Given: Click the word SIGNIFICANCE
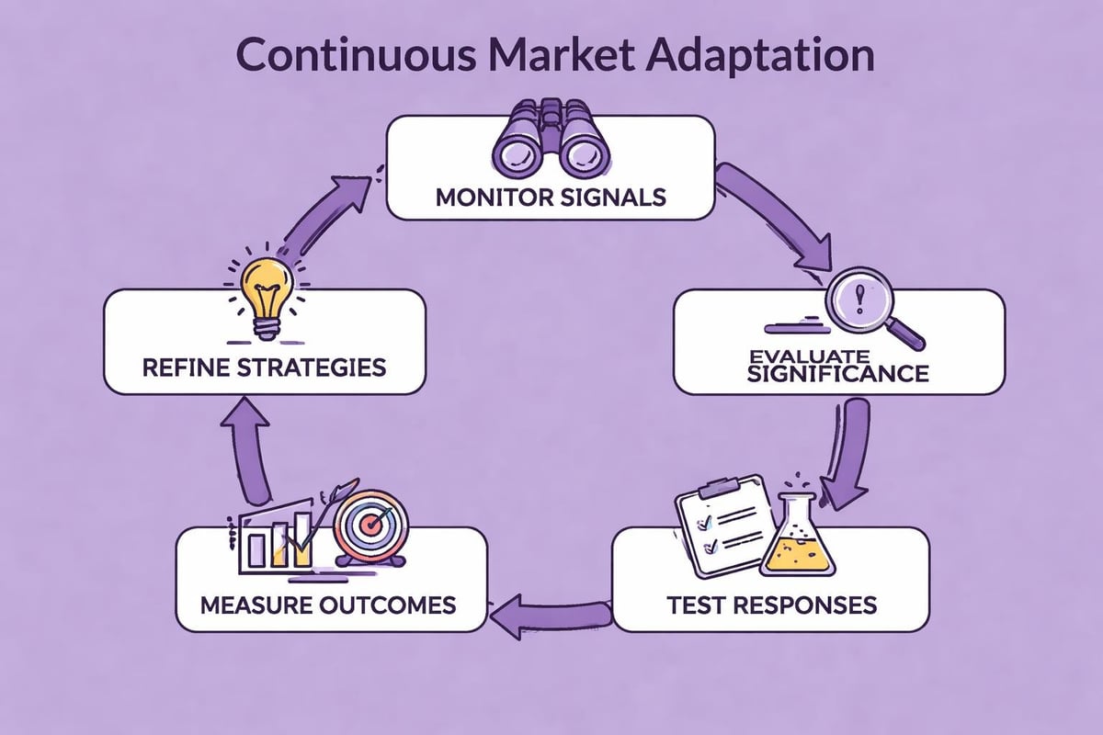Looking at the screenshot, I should [837, 373].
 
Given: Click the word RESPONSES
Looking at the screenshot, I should [816, 605].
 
